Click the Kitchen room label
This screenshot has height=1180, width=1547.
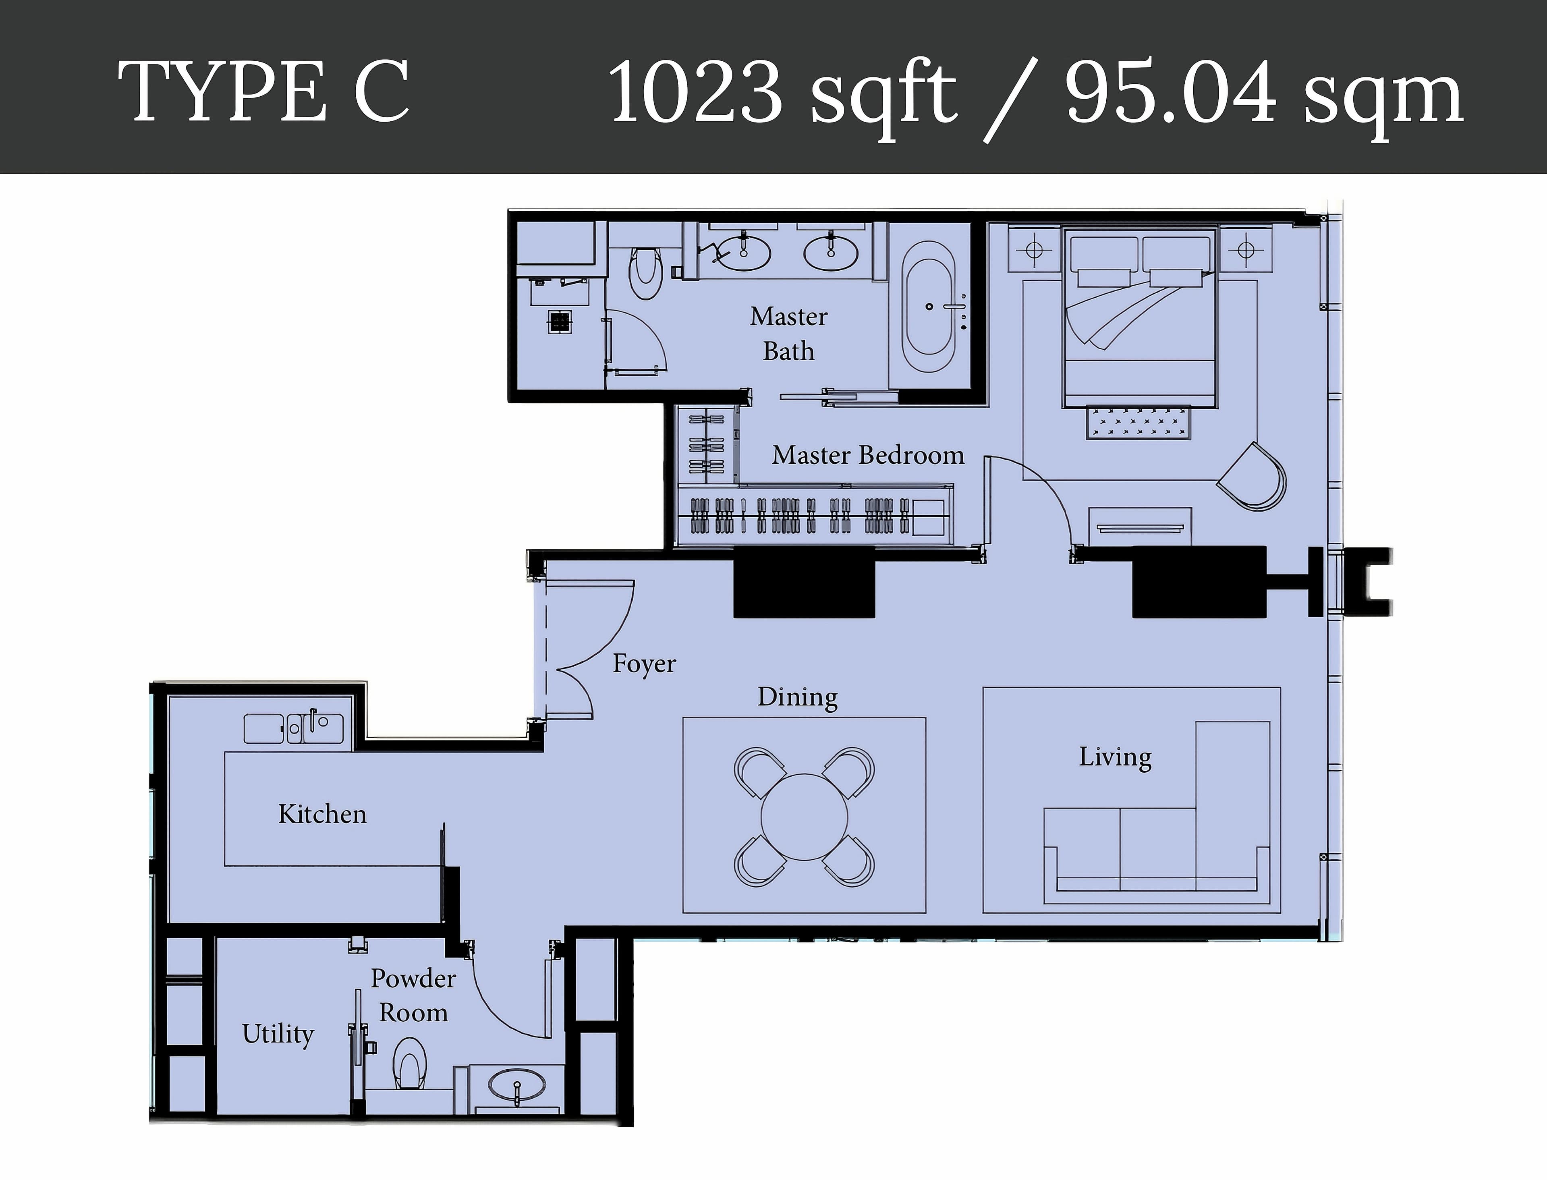pyautogui.click(x=322, y=814)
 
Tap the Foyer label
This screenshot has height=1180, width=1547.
pyautogui.click(x=644, y=664)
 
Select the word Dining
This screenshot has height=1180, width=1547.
pyautogui.click(x=797, y=697)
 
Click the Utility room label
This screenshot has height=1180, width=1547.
pyautogui.click(x=278, y=1033)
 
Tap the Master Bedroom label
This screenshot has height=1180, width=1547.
pyautogui.click(x=868, y=455)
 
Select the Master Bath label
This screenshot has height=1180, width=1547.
pyautogui.click(x=788, y=334)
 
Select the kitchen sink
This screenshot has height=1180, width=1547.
pyautogui.click(x=313, y=728)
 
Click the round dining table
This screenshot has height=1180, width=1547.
pyautogui.click(x=804, y=816)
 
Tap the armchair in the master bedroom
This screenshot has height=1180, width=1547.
pyautogui.click(x=1253, y=478)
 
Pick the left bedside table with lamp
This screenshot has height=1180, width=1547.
pyautogui.click(x=1034, y=249)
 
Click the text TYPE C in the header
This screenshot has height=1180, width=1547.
pyautogui.click(x=263, y=92)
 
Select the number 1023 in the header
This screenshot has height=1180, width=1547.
pyautogui.click(x=695, y=92)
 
